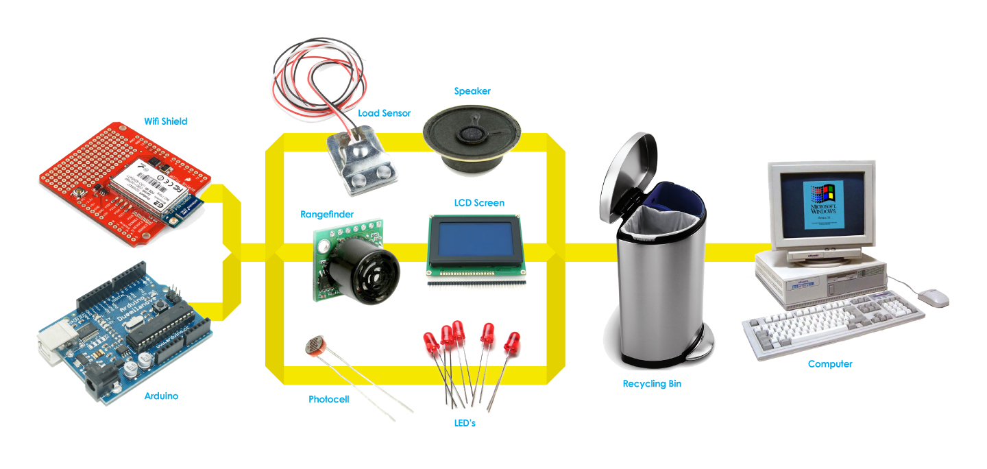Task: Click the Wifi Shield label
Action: point(165,121)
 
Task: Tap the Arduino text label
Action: point(161,396)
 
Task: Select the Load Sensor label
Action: point(384,113)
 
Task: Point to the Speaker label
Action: point(472,91)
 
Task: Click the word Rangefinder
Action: point(327,215)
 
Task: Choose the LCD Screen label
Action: point(479,203)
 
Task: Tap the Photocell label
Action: point(328,399)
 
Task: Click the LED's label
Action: point(465,423)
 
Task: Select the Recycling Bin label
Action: point(652,384)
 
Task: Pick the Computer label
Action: point(830,364)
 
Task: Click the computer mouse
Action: point(934,297)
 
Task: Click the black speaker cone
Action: point(472,134)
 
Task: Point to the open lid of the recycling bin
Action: point(627,171)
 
